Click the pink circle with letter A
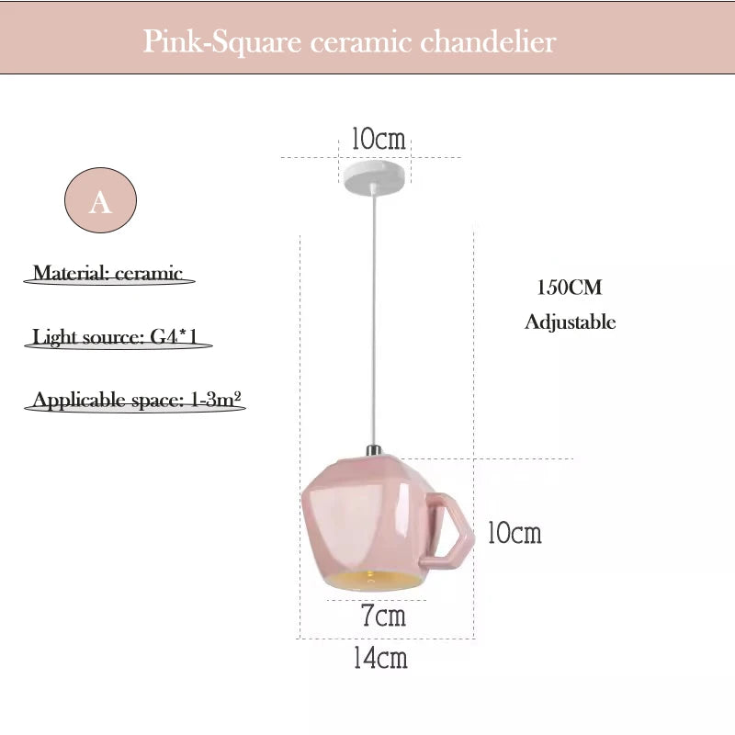(100, 201)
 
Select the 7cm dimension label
(383, 616)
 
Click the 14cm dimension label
(380, 658)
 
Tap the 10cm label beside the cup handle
(514, 533)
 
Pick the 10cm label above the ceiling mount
(378, 140)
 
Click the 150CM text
(570, 288)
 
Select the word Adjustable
(570, 322)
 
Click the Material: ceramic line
(108, 274)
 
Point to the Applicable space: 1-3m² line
(136, 401)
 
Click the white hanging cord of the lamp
(373, 322)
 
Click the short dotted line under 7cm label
(377, 601)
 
